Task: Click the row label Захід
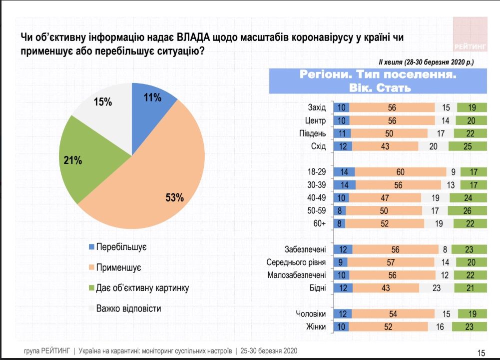(x=317, y=107)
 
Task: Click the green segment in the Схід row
(x=467, y=146)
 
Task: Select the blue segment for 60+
(x=340, y=223)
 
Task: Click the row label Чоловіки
(x=311, y=313)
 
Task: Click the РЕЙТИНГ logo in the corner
(x=470, y=35)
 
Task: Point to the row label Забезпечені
(x=305, y=248)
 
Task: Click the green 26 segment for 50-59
(x=468, y=211)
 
